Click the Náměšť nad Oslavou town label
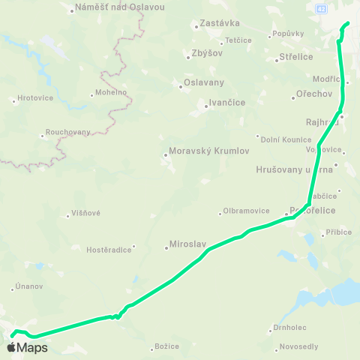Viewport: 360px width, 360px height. tap(111, 8)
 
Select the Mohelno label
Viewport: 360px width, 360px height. tap(110, 93)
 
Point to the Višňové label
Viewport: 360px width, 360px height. tap(86, 213)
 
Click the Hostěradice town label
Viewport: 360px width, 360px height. tap(109, 248)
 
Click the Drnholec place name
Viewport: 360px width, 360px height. tap(290, 328)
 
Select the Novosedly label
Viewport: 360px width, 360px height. tap(298, 346)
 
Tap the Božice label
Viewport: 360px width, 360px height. tap(166, 346)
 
